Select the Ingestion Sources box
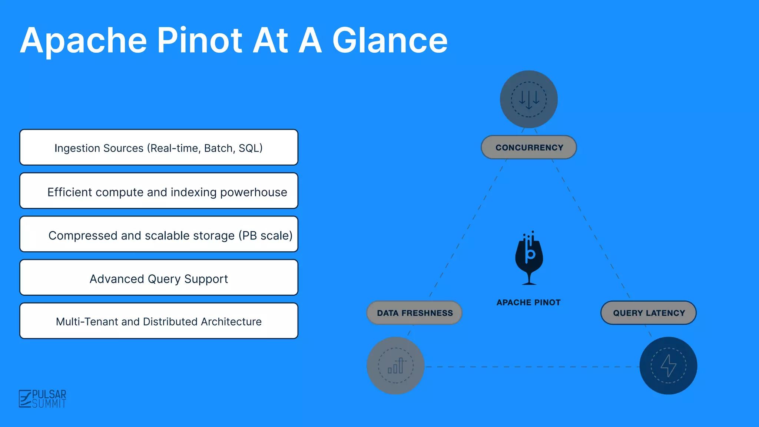point(159,148)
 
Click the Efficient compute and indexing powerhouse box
point(159,191)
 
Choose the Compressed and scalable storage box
point(159,234)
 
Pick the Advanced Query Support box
point(159,278)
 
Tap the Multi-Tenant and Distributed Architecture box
point(159,321)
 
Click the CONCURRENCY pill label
point(529,148)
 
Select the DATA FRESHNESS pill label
point(415,313)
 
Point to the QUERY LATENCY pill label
point(649,313)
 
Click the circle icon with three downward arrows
point(529,99)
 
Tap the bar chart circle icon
point(395,365)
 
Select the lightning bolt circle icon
point(668,365)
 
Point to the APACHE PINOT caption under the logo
point(528,302)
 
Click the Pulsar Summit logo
point(43,399)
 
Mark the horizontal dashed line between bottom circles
point(532,367)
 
